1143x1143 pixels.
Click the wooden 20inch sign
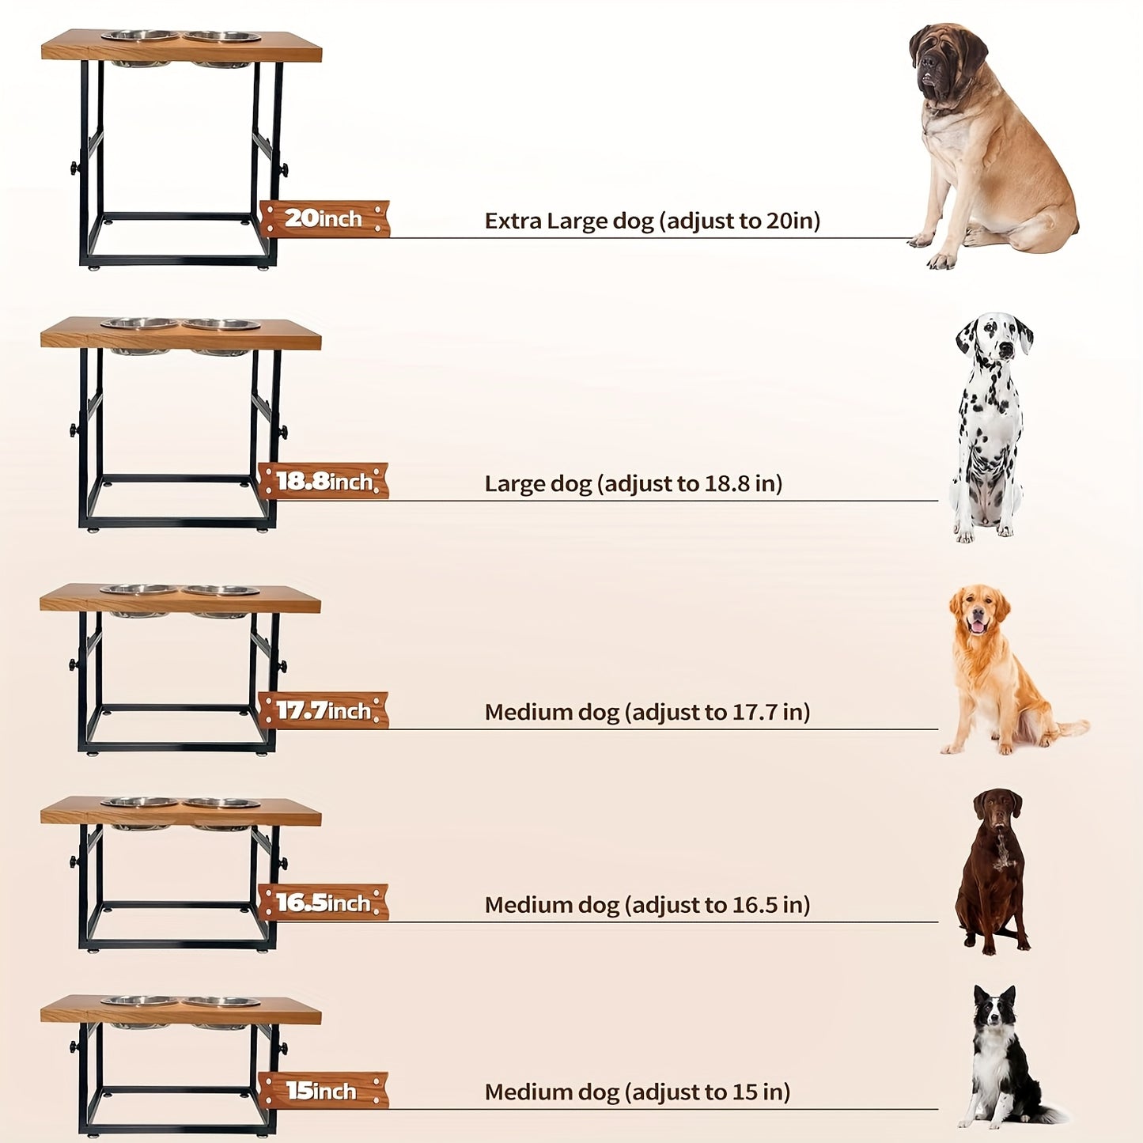click(324, 219)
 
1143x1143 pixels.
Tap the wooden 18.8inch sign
click(324, 481)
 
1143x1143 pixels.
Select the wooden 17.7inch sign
click(324, 710)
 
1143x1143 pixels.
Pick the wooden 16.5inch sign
click(324, 903)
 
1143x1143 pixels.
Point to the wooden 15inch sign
click(324, 1090)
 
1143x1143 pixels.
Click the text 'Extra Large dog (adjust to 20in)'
click(653, 221)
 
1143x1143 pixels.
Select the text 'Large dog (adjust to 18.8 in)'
click(634, 484)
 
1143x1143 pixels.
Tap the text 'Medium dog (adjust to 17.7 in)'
click(647, 713)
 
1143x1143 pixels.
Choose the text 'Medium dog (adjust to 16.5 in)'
click(647, 905)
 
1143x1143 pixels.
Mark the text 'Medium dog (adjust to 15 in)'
click(638, 1092)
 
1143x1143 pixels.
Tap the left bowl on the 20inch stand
click(140, 36)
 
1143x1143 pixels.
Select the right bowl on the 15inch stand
click(221, 1002)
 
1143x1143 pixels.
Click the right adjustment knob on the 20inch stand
click(284, 170)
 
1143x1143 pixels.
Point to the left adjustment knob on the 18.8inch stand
click(74, 430)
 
